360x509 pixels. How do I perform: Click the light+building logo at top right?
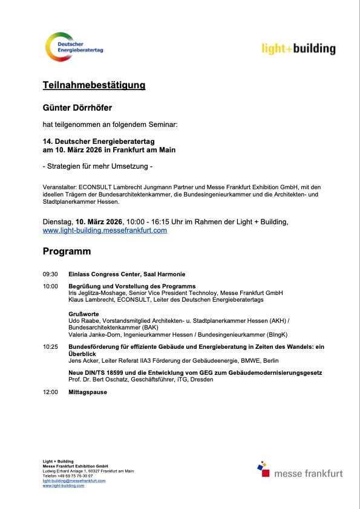pos(298,49)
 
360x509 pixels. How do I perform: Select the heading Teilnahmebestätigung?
pos(94,85)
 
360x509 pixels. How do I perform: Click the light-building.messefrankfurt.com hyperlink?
pos(105,230)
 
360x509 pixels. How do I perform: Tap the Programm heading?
pos(67,251)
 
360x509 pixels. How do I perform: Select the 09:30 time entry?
pos(50,274)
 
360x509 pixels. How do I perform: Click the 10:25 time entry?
pos(50,347)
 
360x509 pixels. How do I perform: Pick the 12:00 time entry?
pos(50,392)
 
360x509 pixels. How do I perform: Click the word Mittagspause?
pos(88,392)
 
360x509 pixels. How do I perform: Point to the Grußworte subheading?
pos(83,314)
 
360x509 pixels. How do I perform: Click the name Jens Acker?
pos(83,360)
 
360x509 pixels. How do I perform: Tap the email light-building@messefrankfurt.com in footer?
pos(74,481)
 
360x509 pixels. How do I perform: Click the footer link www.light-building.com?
pos(64,485)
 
